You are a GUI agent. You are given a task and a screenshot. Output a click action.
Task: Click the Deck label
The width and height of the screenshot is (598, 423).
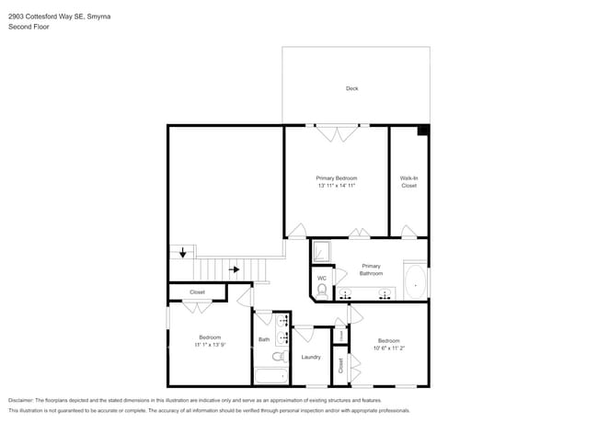pos(351,88)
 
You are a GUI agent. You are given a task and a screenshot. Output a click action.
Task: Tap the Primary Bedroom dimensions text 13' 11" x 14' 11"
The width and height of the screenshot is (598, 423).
pos(336,186)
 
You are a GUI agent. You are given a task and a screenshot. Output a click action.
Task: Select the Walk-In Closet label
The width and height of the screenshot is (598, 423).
pos(408,181)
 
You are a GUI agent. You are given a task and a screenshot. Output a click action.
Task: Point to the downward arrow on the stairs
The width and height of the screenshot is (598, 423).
pos(183,251)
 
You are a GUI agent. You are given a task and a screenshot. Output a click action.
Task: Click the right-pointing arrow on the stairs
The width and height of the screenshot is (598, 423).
pos(235,269)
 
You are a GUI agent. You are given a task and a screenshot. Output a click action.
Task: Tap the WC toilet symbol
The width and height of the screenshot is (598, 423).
pos(321,291)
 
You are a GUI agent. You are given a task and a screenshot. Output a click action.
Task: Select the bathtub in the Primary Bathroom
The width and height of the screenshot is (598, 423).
pos(416,283)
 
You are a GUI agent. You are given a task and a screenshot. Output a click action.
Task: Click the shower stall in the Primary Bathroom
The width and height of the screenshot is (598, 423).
pos(321,251)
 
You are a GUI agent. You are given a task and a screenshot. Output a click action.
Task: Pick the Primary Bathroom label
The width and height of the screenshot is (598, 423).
pos(371,269)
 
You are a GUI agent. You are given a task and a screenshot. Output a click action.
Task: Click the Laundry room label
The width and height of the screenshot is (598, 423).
pos(311,357)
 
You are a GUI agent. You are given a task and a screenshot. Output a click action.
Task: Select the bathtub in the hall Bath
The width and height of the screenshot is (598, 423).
pos(270,376)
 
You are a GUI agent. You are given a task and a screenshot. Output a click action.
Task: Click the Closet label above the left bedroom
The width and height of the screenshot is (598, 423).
pos(197,292)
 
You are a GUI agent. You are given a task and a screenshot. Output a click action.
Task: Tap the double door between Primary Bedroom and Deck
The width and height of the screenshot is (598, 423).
pos(335,133)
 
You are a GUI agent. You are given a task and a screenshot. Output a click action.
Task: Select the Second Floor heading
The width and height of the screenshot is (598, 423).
pos(29,27)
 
